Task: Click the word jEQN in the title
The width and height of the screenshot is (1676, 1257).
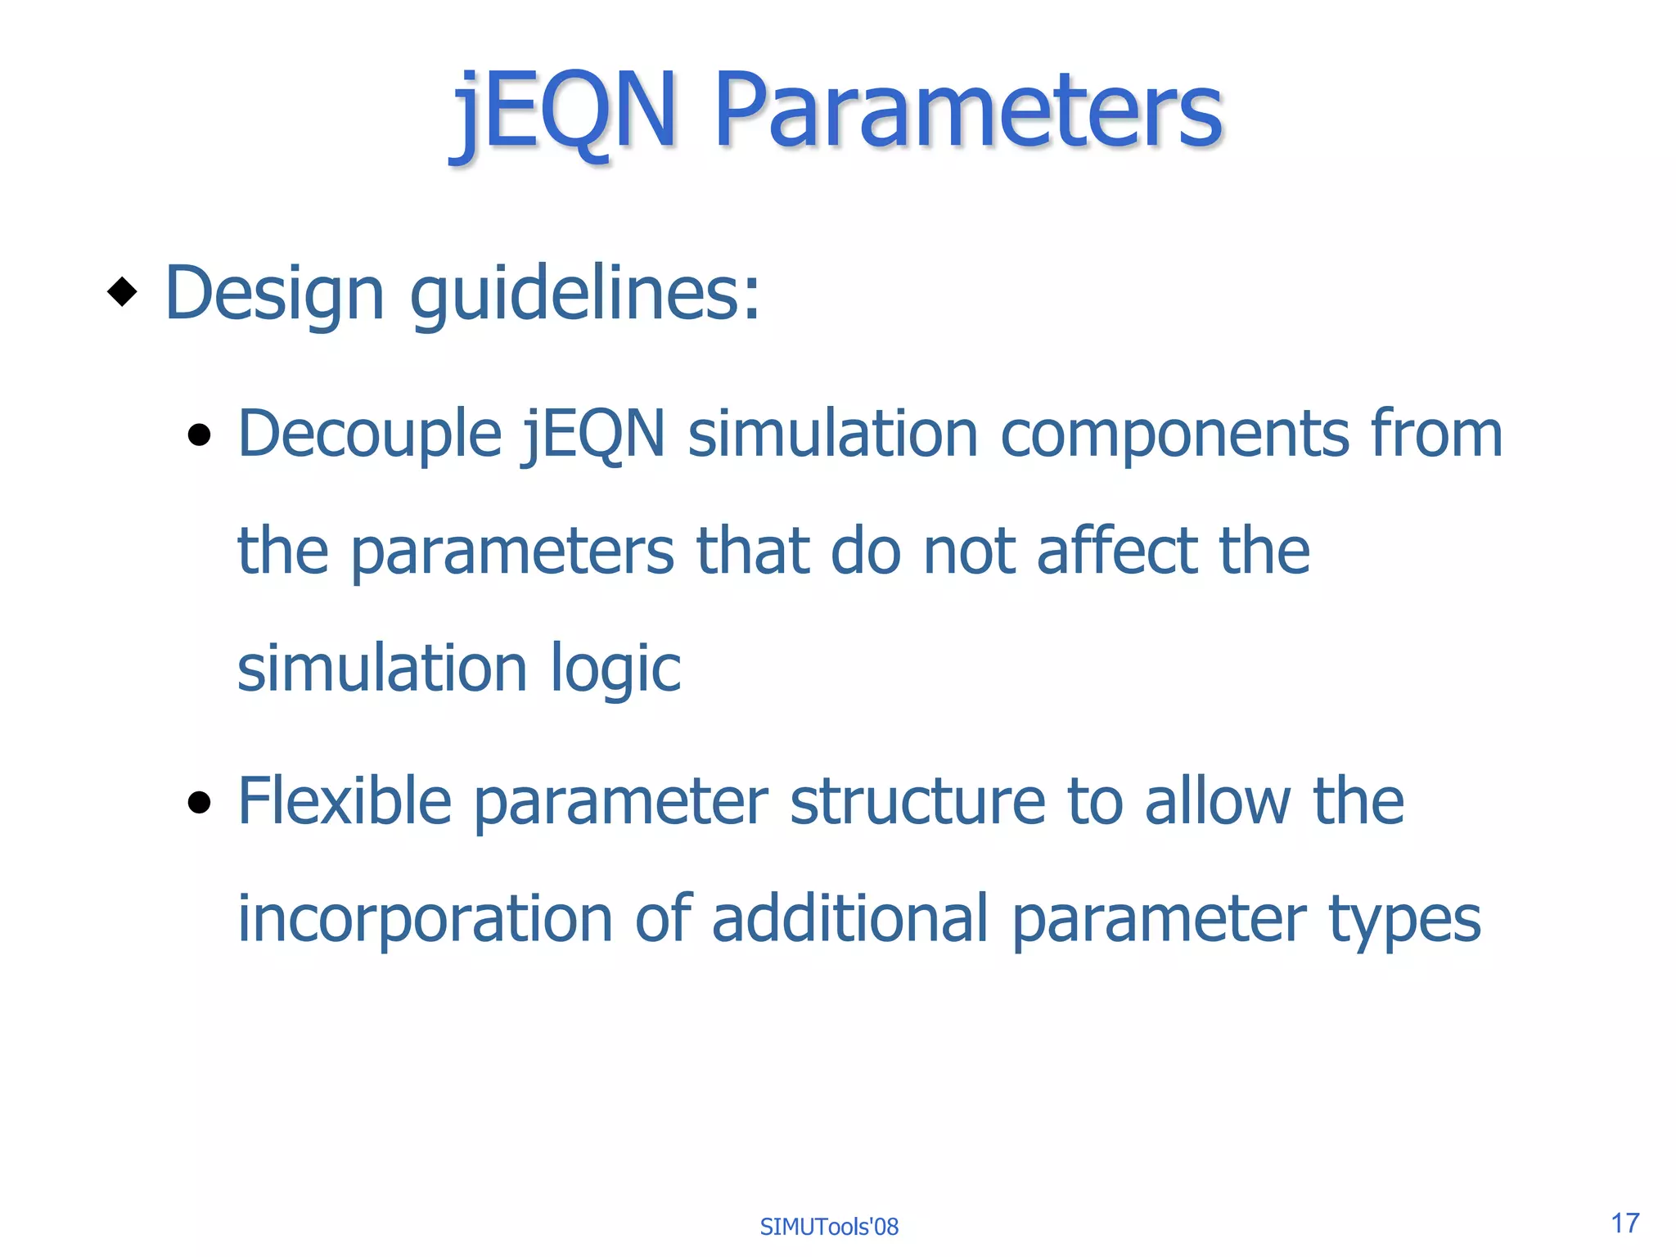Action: tap(565, 110)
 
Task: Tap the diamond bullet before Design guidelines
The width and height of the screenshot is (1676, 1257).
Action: tap(122, 292)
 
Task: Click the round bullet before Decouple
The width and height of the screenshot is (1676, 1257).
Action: tap(199, 435)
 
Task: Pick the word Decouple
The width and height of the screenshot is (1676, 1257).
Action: tap(369, 435)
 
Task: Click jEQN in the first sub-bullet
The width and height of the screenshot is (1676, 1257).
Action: tap(594, 435)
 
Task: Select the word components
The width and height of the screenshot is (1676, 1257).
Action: tap(1174, 435)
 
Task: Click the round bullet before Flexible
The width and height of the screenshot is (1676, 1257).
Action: tap(199, 803)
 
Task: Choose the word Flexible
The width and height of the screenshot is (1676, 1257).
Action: tap(345, 801)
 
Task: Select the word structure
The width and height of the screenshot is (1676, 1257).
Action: tap(917, 801)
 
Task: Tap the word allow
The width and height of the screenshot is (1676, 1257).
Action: tap(1217, 801)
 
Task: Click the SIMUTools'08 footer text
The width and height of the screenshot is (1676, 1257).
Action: tap(829, 1227)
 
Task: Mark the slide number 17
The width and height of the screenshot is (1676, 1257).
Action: tap(1625, 1223)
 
